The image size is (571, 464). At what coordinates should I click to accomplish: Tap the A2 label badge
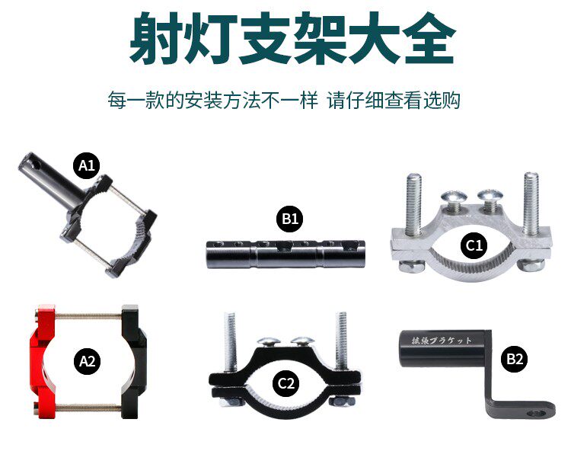pyautogui.click(x=88, y=360)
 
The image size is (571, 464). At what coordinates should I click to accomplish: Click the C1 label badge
pyautogui.click(x=474, y=245)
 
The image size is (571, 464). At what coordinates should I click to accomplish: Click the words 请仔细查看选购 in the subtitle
pyautogui.click(x=394, y=101)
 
